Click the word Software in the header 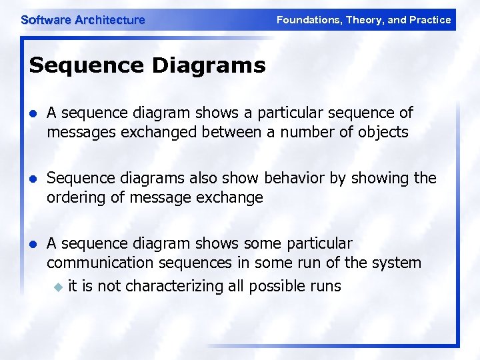46,20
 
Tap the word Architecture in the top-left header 110,20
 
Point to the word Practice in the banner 431,20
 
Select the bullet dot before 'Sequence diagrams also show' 33,179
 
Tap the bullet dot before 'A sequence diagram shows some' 33,244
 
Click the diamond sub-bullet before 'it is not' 57,287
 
